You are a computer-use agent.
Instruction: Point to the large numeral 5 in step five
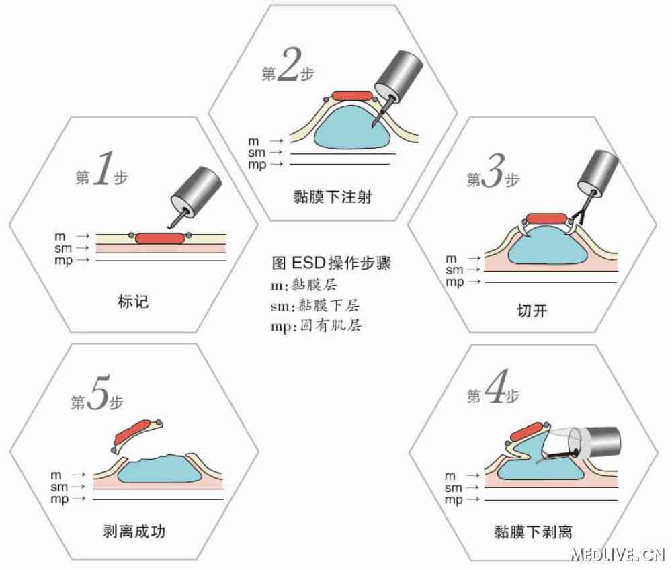97,397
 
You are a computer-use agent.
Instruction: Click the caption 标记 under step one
132,302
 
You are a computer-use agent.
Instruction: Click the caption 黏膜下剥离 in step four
533,532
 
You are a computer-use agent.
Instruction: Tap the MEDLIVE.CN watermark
617,555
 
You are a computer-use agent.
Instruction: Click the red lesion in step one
159,238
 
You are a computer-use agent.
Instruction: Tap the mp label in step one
63,260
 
